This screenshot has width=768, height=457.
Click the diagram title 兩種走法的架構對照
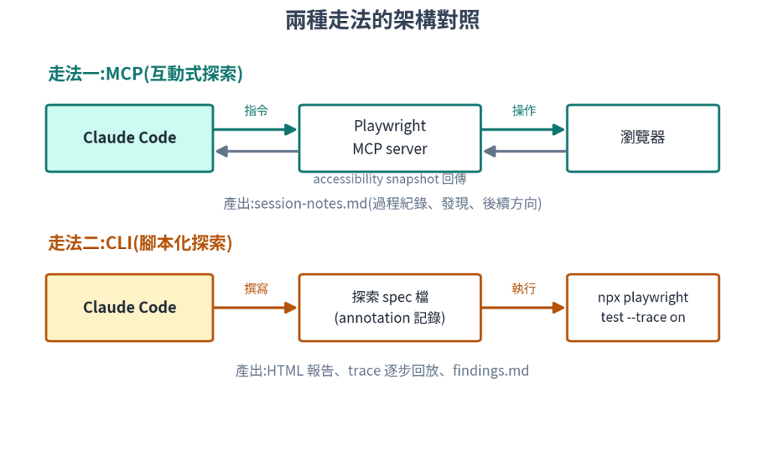[x=382, y=20]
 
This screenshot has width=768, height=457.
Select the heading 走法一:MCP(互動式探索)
[x=145, y=74]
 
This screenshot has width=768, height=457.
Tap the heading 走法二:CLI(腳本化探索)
[x=140, y=243]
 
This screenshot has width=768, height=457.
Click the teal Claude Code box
[x=130, y=138]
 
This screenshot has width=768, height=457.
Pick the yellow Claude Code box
[x=130, y=308]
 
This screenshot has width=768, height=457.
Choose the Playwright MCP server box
[x=390, y=138]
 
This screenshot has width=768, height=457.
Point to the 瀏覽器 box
[x=643, y=138]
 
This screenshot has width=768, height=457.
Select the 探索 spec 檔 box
[x=390, y=308]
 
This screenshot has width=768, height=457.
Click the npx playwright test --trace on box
[x=643, y=308]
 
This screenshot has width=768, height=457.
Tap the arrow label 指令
[x=256, y=111]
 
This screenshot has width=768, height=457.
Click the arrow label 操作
[x=524, y=111]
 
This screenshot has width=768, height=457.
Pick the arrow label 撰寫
[x=256, y=288]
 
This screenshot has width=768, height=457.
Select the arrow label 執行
[x=524, y=288]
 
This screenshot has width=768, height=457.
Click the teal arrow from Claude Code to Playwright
[x=256, y=130]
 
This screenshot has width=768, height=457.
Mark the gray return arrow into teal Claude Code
[x=256, y=152]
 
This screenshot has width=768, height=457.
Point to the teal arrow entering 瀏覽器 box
[x=523, y=130]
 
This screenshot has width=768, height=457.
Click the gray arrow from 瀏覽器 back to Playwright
[x=524, y=152]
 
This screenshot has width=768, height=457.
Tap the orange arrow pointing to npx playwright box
[x=523, y=308]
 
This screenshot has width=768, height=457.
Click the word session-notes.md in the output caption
[x=311, y=203]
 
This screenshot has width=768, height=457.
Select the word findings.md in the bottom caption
[x=490, y=371]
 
